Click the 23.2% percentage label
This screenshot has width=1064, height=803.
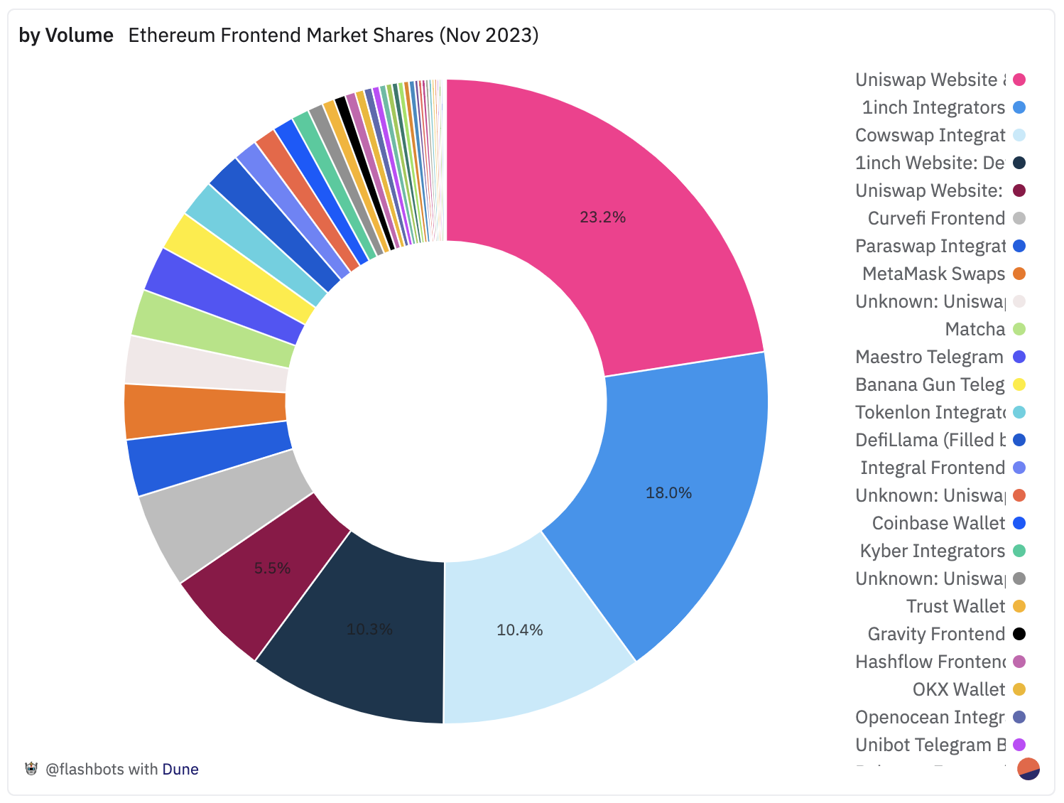click(602, 217)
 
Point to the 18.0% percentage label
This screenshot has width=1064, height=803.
click(668, 493)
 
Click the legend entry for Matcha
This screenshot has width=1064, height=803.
click(975, 329)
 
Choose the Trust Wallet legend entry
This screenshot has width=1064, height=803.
click(955, 606)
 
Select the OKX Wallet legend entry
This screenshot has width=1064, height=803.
click(958, 689)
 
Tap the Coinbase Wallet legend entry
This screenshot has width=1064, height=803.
click(938, 523)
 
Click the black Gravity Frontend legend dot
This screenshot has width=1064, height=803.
click(1019, 634)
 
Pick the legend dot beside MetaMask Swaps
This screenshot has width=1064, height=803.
click(1019, 274)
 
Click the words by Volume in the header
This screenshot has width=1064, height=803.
click(66, 36)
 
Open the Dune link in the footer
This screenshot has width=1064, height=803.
click(180, 769)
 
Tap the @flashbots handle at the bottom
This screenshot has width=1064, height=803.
click(84, 769)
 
